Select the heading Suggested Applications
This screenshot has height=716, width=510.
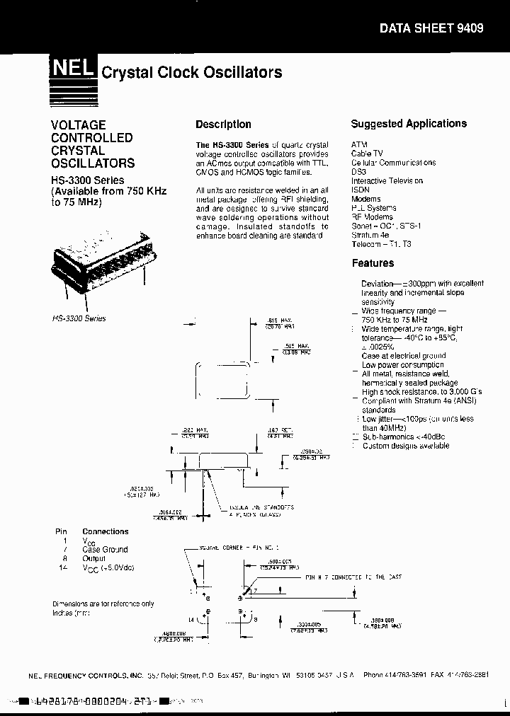[x=409, y=124]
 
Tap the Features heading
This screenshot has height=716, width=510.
[x=373, y=263]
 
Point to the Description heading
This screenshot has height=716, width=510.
[x=223, y=125]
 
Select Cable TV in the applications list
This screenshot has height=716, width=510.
[x=368, y=153]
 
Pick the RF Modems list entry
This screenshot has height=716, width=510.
[x=371, y=217]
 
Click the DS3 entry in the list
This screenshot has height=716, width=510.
[x=359, y=172]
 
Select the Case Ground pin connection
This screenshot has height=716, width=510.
[x=106, y=549]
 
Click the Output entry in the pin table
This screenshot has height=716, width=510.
[x=94, y=558]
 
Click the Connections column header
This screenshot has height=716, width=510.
[x=106, y=531]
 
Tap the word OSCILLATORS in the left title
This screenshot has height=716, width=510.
[x=93, y=163]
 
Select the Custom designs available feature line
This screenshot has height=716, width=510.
[x=406, y=446]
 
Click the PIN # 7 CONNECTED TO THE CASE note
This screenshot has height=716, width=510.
[x=353, y=577]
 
